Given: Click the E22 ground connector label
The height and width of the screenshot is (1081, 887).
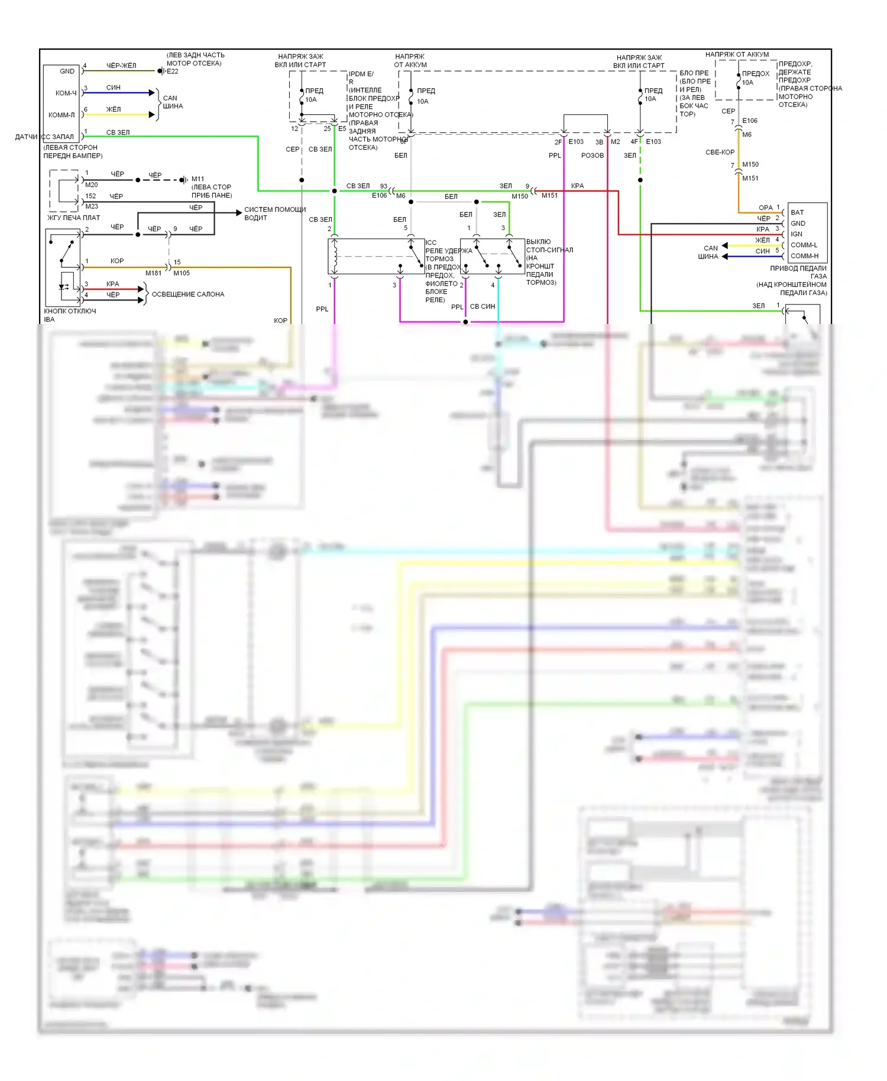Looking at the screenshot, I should (172, 72).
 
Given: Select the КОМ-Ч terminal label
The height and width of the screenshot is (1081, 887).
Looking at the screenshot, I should (66, 93).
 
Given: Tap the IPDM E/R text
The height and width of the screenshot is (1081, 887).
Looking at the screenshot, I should (361, 78).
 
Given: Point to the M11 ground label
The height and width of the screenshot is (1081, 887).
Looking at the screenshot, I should (198, 179).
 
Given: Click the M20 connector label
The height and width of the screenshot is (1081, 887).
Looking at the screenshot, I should (92, 185).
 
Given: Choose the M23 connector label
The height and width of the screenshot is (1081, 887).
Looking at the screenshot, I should (92, 206).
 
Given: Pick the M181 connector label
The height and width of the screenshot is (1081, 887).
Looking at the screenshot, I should (153, 273).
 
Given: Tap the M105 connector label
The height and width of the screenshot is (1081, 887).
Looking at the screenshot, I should (182, 273).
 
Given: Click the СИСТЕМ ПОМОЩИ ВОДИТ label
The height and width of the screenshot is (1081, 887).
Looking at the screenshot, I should (275, 213).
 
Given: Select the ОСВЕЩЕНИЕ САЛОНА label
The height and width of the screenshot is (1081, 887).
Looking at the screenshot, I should (188, 294).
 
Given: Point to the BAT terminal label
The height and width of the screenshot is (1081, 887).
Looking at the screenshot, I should (797, 212).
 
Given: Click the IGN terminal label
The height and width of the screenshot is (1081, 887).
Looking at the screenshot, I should (797, 234).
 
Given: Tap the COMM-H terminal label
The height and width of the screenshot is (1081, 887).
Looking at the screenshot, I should (804, 256).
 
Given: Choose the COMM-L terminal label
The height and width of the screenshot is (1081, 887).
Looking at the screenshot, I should (804, 245).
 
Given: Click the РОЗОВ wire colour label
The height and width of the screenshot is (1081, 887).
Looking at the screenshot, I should (592, 156).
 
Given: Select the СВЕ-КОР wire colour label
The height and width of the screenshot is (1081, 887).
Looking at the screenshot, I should (720, 153).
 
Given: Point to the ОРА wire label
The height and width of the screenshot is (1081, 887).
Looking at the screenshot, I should (765, 208).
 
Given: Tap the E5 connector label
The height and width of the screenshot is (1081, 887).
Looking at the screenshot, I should (342, 128).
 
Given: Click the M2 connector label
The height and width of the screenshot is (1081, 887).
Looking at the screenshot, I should (616, 142).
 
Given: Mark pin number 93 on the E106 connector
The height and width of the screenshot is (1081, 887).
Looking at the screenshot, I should (384, 186).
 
